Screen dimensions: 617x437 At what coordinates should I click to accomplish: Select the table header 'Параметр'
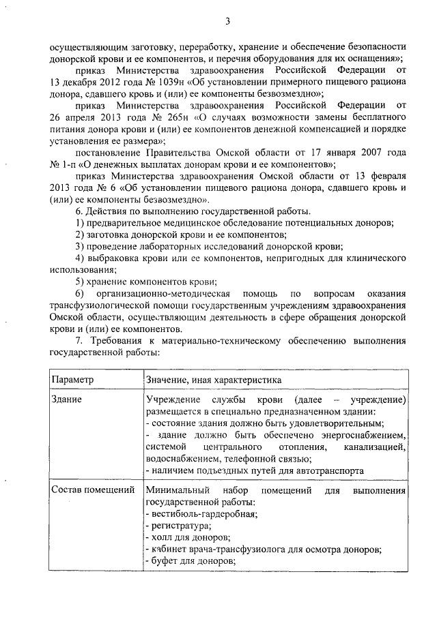[74, 378]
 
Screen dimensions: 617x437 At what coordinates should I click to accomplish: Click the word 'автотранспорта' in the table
[329, 470]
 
